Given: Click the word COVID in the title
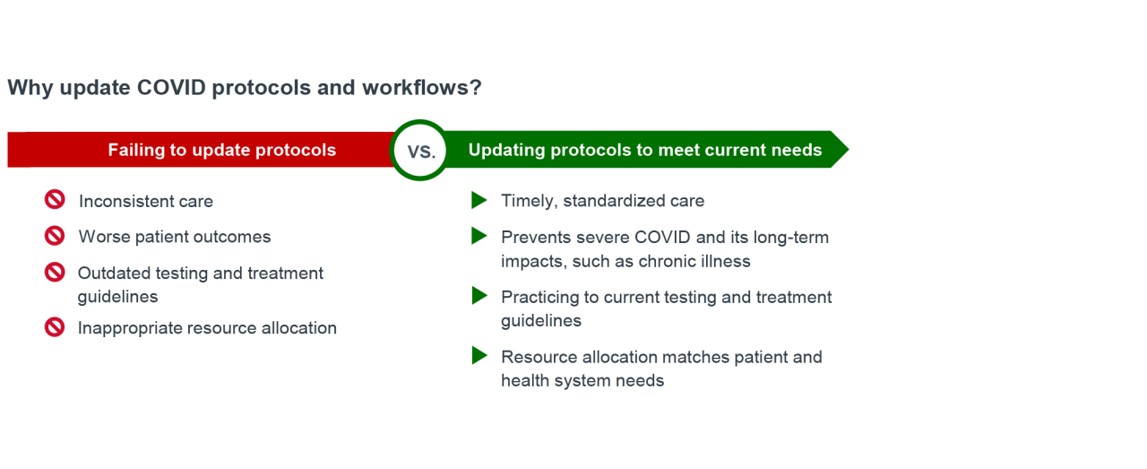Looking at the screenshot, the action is [171, 88].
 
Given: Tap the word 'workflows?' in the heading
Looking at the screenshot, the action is [422, 88].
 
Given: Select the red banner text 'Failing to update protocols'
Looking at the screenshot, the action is [221, 150].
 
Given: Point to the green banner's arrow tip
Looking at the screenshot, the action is [849, 149].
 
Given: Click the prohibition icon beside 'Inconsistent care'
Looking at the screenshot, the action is [55, 199].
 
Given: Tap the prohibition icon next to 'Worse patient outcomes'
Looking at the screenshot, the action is [55, 236].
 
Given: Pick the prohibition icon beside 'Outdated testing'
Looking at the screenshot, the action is [55, 273].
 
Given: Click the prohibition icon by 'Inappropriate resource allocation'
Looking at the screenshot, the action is [55, 327].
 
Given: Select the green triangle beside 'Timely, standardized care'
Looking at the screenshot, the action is [479, 200].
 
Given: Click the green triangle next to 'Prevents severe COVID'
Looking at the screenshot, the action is [479, 236].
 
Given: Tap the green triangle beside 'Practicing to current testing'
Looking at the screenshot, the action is [479, 295].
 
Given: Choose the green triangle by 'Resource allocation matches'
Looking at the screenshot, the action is [479, 355].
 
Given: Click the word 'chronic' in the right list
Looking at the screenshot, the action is [668, 262].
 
